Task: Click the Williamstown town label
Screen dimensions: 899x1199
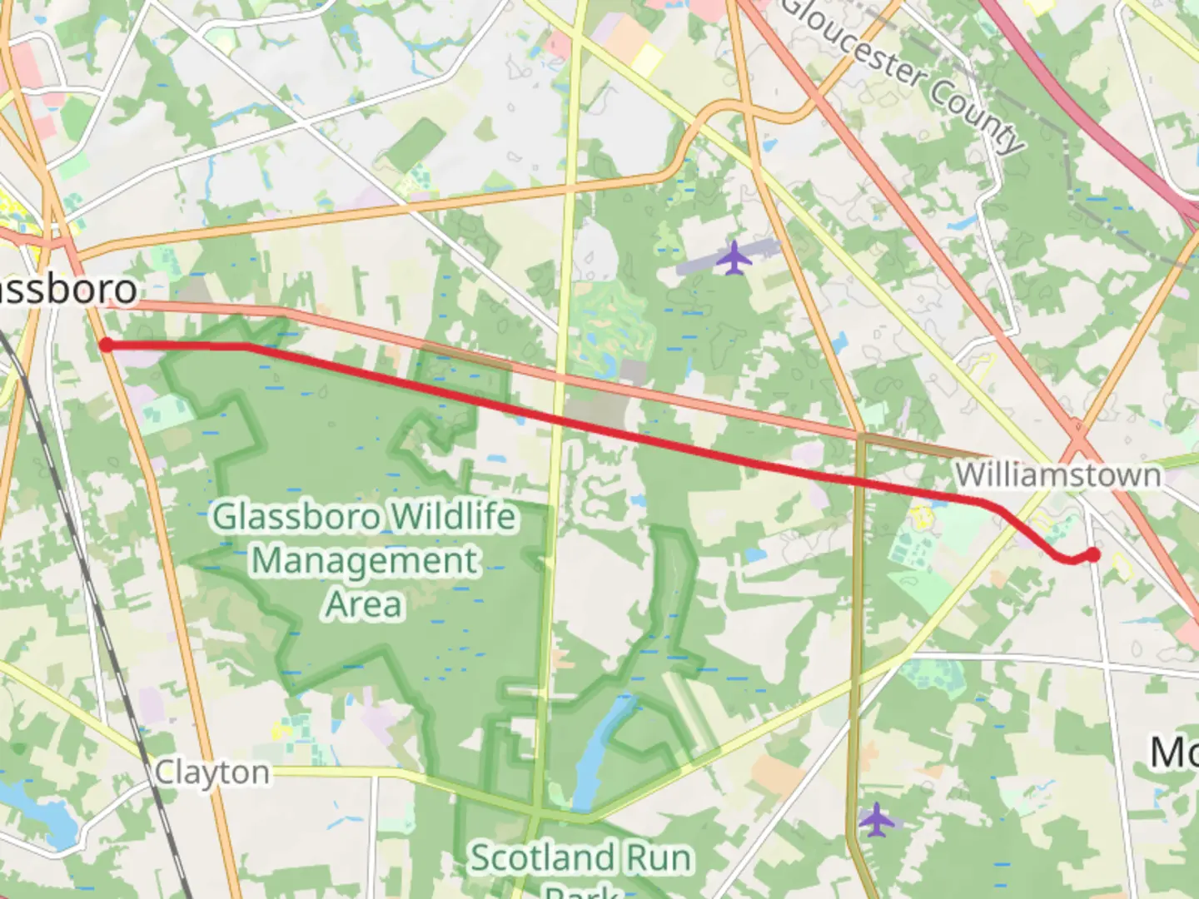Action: (x=1057, y=475)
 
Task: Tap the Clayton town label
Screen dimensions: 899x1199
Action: (x=212, y=772)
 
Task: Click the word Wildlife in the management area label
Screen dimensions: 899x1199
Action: (x=455, y=517)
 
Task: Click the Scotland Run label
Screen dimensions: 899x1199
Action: (x=580, y=858)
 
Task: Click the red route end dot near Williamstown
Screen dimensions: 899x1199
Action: (x=1092, y=554)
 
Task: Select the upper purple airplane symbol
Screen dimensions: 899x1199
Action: (x=734, y=257)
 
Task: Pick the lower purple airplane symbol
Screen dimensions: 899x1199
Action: (x=876, y=820)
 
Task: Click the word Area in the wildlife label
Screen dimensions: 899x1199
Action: (x=365, y=604)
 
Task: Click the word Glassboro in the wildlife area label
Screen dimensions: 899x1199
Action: (x=298, y=517)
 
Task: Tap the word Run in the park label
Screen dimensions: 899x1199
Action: (x=655, y=858)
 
